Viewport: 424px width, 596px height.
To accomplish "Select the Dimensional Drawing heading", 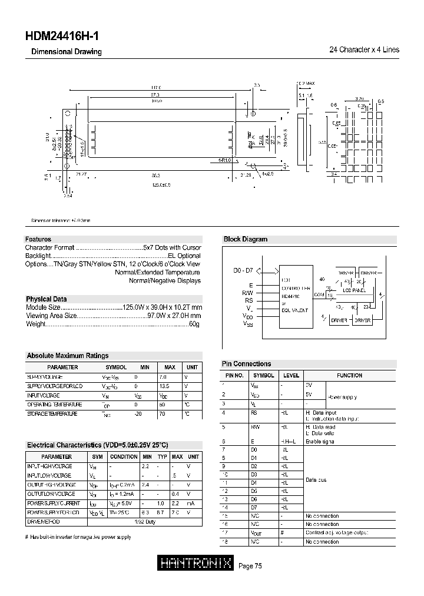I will pyautogui.click(x=66, y=52).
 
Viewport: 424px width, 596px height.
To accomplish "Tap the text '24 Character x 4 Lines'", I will pyautogui.click(x=364, y=50).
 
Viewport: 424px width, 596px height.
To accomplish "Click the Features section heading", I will pyautogui.click(x=38, y=239).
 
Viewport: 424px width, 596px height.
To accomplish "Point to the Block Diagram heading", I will pyautogui.click(x=245, y=239).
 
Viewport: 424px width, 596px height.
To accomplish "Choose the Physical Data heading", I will pyautogui.click(x=46, y=299).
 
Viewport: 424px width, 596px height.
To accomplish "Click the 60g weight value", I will pyautogui.click(x=194, y=324).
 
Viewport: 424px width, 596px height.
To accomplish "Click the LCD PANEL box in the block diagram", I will pyautogui.click(x=354, y=290).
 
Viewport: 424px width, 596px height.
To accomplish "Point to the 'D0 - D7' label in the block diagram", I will pyautogui.click(x=243, y=271).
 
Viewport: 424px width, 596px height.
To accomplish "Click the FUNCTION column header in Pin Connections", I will pyautogui.click(x=349, y=375).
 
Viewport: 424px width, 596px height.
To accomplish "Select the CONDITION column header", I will pyautogui.click(x=124, y=456).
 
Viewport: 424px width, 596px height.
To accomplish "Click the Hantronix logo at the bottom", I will pyautogui.click(x=197, y=564).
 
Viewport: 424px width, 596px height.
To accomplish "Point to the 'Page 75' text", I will pyautogui.click(x=250, y=566).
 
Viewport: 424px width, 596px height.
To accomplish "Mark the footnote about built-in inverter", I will pyautogui.click(x=78, y=537).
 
